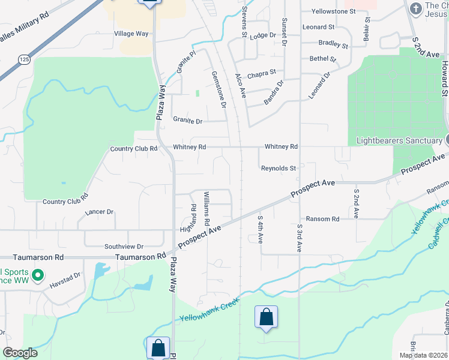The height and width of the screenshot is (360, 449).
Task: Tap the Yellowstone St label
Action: coord(334,11)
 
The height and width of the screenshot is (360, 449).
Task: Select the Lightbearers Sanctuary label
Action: coord(399,140)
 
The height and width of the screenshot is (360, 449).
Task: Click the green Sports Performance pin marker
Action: coord(38,276)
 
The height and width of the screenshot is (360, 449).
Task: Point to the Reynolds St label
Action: coord(279,169)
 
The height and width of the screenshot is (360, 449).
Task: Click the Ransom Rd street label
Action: coord(322,219)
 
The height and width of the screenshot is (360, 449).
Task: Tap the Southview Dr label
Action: coord(124,247)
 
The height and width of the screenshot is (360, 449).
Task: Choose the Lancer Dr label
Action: coord(99,212)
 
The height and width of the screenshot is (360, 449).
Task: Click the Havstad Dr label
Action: coord(65,280)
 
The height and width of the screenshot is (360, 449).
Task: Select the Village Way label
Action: coord(131,34)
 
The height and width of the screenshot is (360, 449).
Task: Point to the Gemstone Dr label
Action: coord(218,89)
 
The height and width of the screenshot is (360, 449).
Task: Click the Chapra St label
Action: coord(261,74)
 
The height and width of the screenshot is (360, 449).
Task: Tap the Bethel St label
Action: coord(322,59)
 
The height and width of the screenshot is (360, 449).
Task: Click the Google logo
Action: coord(20,353)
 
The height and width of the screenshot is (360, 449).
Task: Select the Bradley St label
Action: coord(333,44)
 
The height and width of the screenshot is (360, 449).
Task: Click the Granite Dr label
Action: coord(188,121)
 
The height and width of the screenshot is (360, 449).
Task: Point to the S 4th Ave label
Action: coord(261,230)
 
